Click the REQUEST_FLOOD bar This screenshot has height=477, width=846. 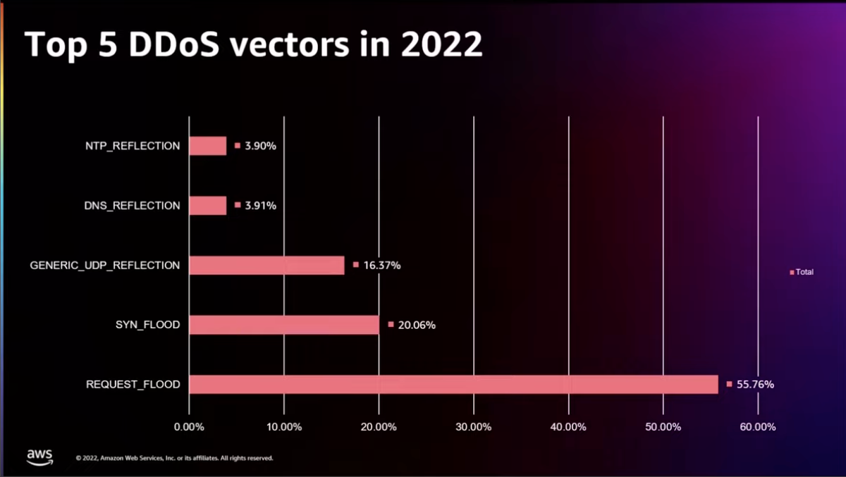pyautogui.click(x=453, y=384)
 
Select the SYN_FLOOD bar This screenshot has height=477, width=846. pyautogui.click(x=284, y=325)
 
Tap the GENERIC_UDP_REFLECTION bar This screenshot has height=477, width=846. pyautogui.click(x=266, y=265)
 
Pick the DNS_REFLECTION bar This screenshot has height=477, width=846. pyautogui.click(x=208, y=206)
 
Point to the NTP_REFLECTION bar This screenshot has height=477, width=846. pyautogui.click(x=208, y=146)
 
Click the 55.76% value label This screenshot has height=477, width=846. pyautogui.click(x=755, y=385)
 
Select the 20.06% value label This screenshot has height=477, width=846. pyautogui.click(x=416, y=326)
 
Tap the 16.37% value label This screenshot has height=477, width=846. pyautogui.click(x=381, y=266)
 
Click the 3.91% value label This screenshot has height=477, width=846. pyautogui.click(x=260, y=206)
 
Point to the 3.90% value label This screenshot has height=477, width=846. pyautogui.click(x=260, y=147)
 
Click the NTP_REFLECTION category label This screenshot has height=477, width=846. pyautogui.click(x=132, y=147)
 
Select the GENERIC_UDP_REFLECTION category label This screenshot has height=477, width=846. pyautogui.click(x=105, y=266)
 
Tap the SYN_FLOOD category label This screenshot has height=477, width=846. pyautogui.click(x=147, y=325)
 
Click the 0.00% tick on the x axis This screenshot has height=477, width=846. pyautogui.click(x=189, y=427)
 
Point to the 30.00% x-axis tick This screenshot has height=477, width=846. pyautogui.click(x=473, y=427)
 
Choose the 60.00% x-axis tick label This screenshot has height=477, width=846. pyautogui.click(x=757, y=427)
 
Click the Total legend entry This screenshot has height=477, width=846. pyautogui.click(x=804, y=272)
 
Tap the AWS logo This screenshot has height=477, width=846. pyautogui.click(x=40, y=457)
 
